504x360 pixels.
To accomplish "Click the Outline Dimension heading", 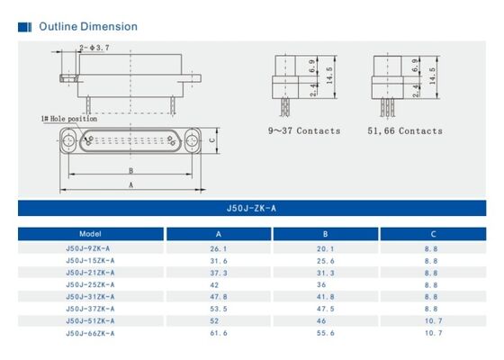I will pos(87,26).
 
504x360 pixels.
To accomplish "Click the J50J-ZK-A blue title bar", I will pos(252,209).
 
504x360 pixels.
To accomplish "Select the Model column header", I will pos(90,233).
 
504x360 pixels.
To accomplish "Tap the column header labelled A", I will pos(218,233).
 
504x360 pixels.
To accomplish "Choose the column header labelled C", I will pos(432,233).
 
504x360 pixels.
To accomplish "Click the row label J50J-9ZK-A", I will pos(89,248).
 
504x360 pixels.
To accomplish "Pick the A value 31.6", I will pos(218,261).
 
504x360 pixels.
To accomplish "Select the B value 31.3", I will pos(326,273).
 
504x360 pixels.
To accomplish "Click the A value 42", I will pos(217,284).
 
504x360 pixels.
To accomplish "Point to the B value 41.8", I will pos(326,296).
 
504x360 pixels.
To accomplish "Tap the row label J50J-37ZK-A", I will pos(90,309).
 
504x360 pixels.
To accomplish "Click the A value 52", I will pos(217,320).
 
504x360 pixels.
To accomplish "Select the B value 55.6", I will pos(326,333).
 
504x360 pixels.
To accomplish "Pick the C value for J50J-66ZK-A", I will pos(432,333).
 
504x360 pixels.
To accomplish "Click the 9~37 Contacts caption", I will pos(304,130).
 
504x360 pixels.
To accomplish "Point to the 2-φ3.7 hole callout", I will pos(94,48).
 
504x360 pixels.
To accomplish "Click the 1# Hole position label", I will pos(68,118).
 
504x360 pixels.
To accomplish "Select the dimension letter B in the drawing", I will pos(130,170).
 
